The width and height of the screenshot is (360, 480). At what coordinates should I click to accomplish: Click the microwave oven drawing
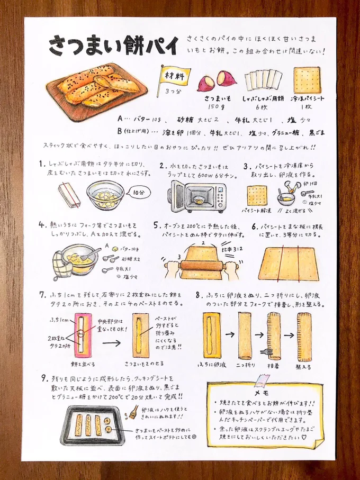point(197,197)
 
